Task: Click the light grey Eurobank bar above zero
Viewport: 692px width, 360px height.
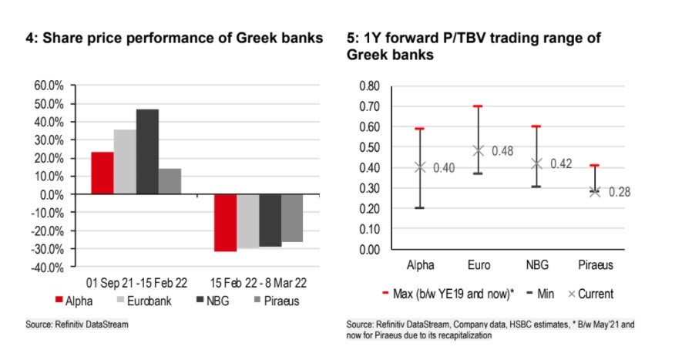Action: (x=124, y=162)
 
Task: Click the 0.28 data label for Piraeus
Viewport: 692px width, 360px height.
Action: (x=620, y=192)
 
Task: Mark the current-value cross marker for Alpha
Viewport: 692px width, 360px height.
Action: (x=420, y=167)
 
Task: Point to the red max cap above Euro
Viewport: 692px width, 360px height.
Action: (x=478, y=106)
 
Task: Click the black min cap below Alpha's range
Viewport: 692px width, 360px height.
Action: (x=420, y=208)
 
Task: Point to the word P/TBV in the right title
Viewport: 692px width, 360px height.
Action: (x=447, y=38)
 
